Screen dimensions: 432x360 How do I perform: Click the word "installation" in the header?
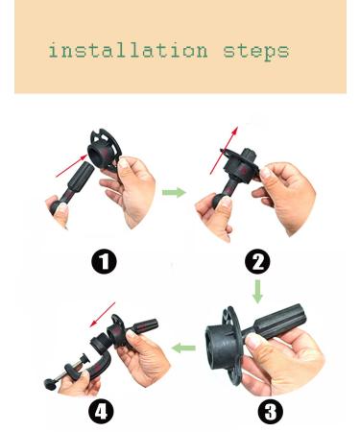[127, 50]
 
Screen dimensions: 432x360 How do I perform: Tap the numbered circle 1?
[104, 260]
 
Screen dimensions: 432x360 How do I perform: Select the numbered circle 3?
[272, 413]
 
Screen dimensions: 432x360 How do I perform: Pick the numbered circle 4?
[102, 413]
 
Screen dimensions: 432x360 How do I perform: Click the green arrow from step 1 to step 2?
[174, 193]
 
